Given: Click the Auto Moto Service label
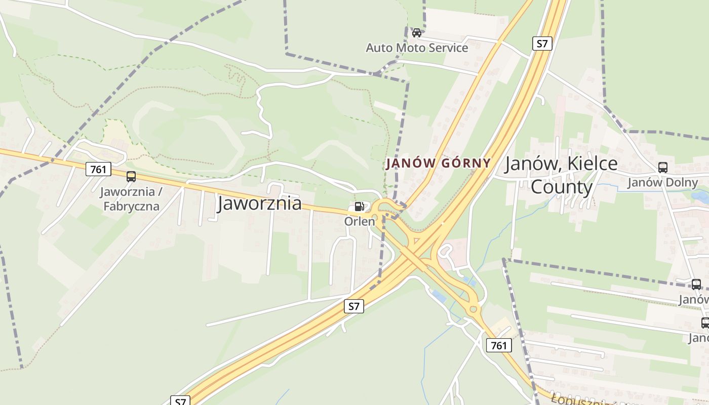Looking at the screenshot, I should (x=417, y=48).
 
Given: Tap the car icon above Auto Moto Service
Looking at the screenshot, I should (x=417, y=33).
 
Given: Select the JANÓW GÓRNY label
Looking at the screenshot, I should (x=439, y=163).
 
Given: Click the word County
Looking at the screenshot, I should (x=561, y=187).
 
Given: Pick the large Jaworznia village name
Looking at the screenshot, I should (x=260, y=204).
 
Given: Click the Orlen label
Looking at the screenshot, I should (x=360, y=221).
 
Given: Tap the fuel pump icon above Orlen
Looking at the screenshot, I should (x=359, y=207).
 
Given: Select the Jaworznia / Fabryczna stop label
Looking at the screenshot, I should (x=131, y=199).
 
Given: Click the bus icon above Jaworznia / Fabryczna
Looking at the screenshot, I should (x=131, y=177).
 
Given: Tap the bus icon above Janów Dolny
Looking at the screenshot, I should (x=662, y=168).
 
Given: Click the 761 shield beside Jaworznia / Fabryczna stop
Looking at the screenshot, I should (x=98, y=169).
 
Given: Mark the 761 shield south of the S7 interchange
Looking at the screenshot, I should (x=499, y=345).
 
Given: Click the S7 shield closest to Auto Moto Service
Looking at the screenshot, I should (x=542, y=44).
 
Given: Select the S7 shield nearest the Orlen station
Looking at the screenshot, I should (x=354, y=306).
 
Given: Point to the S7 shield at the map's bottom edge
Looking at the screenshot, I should (x=181, y=401).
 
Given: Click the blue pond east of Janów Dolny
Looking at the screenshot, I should (x=702, y=196).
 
